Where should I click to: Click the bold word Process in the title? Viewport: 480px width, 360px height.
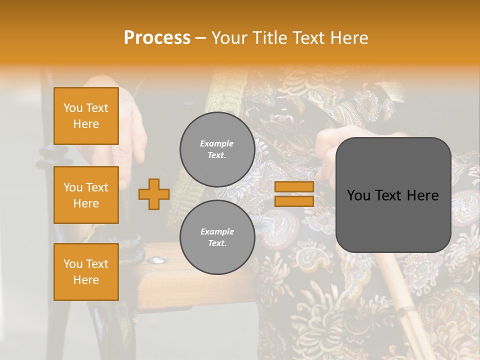pyautogui.click(x=157, y=37)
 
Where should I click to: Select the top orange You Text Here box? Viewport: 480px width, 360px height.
pyautogui.click(x=86, y=116)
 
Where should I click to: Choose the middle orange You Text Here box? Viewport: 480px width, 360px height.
pyautogui.click(x=86, y=195)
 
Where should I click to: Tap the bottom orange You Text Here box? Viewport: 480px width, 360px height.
pyautogui.click(x=86, y=272)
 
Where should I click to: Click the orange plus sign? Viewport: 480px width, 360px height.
pyautogui.click(x=154, y=194)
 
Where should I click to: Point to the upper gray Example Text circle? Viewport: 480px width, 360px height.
pyautogui.click(x=217, y=149)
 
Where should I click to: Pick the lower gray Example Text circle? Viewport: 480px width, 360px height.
pyautogui.click(x=217, y=237)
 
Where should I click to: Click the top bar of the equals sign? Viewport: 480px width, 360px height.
pyautogui.click(x=294, y=186)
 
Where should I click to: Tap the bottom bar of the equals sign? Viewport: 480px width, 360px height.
pyautogui.click(x=294, y=201)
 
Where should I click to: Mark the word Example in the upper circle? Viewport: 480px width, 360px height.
pyautogui.click(x=217, y=144)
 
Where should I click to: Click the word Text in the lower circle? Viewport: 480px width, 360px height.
pyautogui.click(x=217, y=243)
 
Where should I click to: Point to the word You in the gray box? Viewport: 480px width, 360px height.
pyautogui.click(x=358, y=195)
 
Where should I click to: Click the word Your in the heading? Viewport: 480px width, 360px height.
pyautogui.click(x=229, y=37)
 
